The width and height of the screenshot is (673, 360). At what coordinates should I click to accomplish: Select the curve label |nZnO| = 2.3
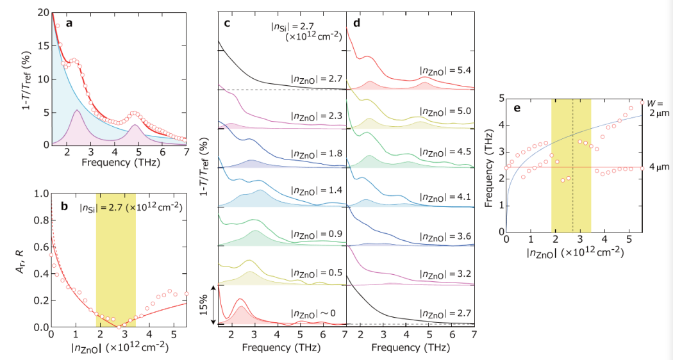[316, 117]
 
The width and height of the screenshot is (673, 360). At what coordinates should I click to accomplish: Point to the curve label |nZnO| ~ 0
[316, 313]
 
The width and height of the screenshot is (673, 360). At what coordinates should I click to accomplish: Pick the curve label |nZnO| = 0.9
[316, 235]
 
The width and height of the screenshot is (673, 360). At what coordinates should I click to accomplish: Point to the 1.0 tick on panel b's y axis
[40, 193]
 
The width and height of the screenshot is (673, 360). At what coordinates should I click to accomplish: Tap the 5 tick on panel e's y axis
[501, 100]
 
